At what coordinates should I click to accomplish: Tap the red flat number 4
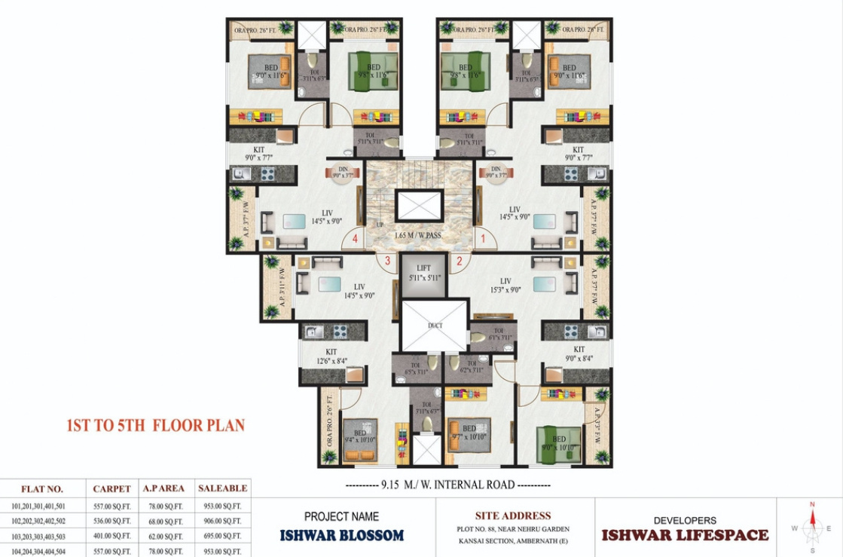pos(354,240)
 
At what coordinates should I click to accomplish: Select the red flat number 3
pos(388,261)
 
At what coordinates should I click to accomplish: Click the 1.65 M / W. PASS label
pos(418,236)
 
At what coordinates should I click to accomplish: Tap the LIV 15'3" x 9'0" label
pos(515,286)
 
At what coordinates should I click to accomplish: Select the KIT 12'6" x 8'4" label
pos(331,356)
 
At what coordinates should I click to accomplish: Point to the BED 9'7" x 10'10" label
pos(469,433)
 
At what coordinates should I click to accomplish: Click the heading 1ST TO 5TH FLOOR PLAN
pos(156,425)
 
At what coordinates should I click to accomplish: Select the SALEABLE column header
pos(222,488)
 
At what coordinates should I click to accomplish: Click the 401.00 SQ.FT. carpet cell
pos(112,535)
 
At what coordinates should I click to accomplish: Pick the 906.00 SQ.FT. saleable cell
pos(222,521)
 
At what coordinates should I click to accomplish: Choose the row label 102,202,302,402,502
pos(38,521)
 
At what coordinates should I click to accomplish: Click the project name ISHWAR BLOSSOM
pos(342,536)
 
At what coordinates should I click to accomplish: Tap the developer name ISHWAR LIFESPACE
pos(685,535)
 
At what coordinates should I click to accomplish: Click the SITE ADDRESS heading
pos(513,516)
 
